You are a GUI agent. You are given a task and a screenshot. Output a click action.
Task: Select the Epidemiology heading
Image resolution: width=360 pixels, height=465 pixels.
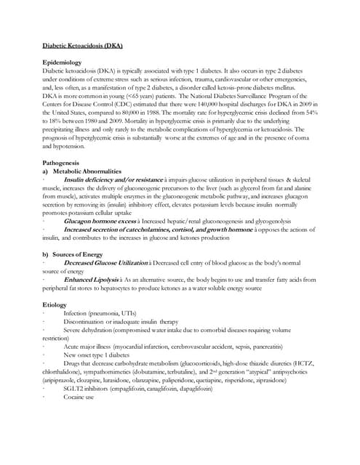click(66, 63)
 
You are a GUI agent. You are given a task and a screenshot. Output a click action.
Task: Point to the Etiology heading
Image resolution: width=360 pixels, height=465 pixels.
click(57, 303)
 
